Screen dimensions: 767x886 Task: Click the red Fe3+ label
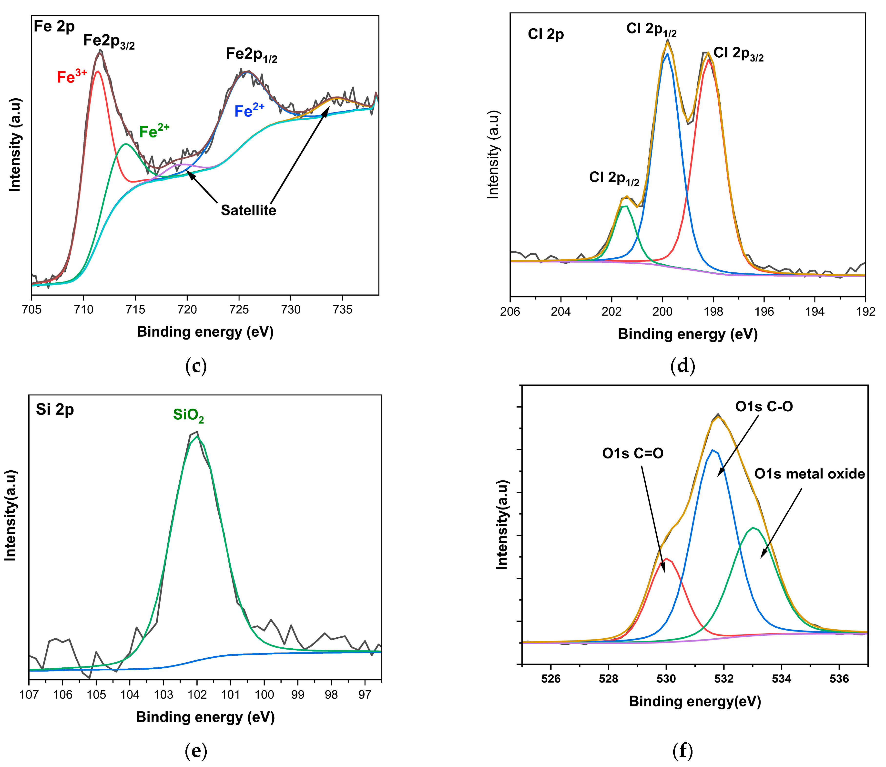[x=72, y=77]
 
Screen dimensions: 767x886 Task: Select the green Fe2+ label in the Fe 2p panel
[x=154, y=131]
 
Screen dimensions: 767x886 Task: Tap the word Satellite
[x=248, y=210]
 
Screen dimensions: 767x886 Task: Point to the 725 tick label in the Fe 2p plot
[x=239, y=310]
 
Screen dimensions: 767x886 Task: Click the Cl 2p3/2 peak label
[x=738, y=54]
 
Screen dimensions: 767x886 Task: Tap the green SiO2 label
[x=188, y=415]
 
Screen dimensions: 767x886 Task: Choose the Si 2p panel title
[x=55, y=410]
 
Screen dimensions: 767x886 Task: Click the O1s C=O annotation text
[x=633, y=453]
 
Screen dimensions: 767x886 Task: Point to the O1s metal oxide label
[x=809, y=474]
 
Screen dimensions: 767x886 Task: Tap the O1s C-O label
[x=764, y=406]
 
